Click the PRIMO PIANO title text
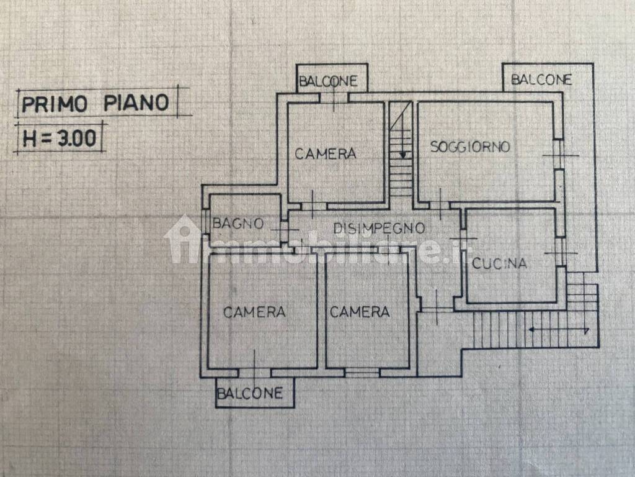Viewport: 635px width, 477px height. tap(95, 103)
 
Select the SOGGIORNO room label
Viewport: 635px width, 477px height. tap(470, 147)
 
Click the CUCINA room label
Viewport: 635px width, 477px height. tap(499, 263)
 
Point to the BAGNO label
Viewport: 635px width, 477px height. tap(238, 224)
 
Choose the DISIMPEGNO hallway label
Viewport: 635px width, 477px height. tap(379, 229)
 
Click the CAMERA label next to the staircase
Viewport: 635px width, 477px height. tap(325, 154)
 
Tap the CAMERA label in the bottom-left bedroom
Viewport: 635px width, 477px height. tap(254, 312)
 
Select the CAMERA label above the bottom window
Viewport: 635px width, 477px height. tap(360, 312)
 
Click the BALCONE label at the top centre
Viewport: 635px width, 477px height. tap(328, 81)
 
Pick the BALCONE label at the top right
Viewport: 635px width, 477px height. tap(541, 79)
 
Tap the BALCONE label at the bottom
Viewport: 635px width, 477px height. tap(250, 393)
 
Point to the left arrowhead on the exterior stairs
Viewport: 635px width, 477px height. tap(531, 330)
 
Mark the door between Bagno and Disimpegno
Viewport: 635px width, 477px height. tap(284, 230)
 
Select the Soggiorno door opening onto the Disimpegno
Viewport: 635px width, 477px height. tap(440, 206)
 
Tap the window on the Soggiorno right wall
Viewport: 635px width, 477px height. tap(559, 155)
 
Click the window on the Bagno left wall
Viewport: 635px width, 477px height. tap(205, 222)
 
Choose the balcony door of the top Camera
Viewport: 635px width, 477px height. tap(334, 98)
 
